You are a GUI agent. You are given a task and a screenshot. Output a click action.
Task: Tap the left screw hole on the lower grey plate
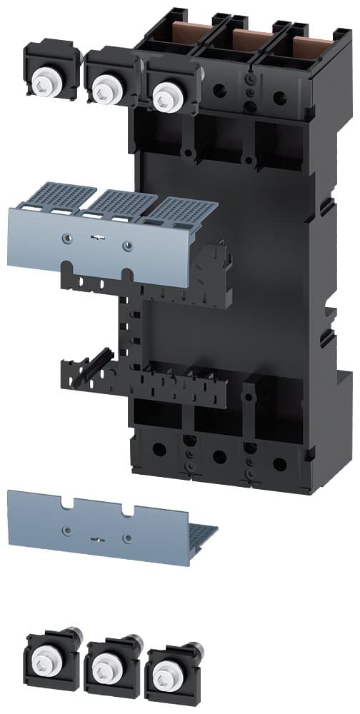(66, 530)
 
